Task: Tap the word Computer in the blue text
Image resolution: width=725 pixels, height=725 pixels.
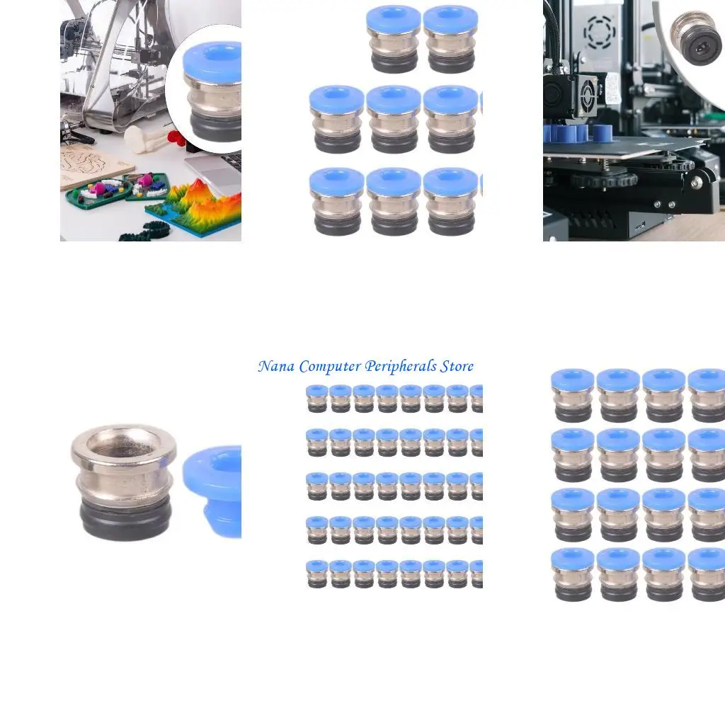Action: pos(331,367)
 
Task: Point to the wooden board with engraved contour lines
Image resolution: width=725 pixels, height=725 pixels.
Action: pos(89,166)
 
